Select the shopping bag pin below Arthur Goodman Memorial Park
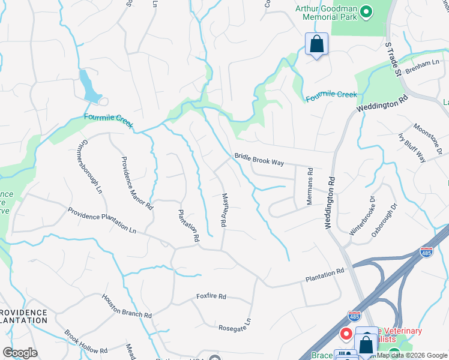316,44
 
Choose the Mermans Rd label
310,185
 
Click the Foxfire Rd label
211,296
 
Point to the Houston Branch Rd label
126,307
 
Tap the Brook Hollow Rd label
86,342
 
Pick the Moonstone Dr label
427,139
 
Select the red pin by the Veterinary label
346,334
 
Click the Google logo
20,353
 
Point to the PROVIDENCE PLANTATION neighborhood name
24,317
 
